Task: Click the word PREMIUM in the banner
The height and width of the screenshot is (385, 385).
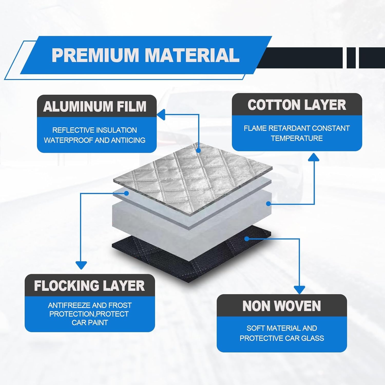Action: tap(95, 55)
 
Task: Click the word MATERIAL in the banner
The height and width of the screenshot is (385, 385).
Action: tap(192, 55)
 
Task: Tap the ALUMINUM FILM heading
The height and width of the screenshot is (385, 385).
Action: tap(95, 107)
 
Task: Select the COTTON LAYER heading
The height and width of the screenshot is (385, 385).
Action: tap(297, 105)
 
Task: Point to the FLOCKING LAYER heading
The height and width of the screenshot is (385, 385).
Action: tap(90, 286)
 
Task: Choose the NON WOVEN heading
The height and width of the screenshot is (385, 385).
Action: tap(282, 306)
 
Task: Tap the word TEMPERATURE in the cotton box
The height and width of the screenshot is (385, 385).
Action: tap(297, 138)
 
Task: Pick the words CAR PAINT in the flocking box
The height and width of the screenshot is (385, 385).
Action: tap(90, 323)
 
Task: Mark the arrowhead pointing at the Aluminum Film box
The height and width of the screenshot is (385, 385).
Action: tap(161, 115)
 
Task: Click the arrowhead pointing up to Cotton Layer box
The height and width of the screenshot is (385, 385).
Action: tap(314, 157)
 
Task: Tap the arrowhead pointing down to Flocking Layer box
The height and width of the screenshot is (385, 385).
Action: tap(81, 265)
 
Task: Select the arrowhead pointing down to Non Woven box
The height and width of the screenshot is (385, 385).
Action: tap(299, 290)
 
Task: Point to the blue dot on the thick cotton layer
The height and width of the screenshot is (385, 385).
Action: tap(268, 204)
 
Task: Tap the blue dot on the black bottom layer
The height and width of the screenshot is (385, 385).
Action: tap(247, 239)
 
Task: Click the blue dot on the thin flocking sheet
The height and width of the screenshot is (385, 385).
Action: tap(126, 193)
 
